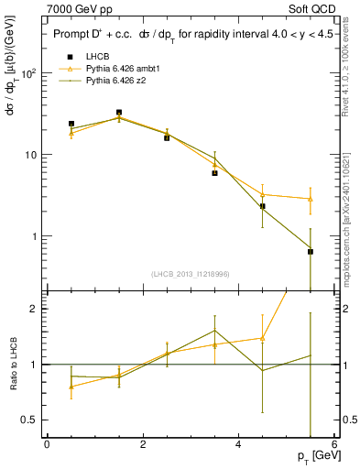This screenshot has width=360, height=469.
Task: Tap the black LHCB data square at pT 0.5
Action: (x=71, y=124)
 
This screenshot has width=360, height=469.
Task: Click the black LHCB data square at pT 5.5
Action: (x=311, y=251)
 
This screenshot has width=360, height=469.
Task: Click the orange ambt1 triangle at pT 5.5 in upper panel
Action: (x=311, y=199)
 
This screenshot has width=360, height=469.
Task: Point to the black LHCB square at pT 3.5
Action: (x=215, y=172)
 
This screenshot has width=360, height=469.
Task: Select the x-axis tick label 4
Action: (x=238, y=444)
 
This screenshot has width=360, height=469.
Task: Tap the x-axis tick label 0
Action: (x=47, y=444)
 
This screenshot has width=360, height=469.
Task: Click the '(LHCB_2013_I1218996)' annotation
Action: (x=190, y=274)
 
